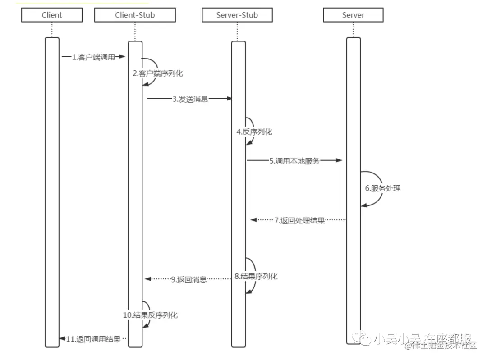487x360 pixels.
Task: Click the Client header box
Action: (52, 15)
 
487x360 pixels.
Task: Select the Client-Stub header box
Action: (135, 15)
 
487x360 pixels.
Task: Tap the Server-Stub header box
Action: (237, 15)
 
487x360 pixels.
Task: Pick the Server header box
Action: (353, 15)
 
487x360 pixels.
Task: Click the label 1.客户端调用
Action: (93, 57)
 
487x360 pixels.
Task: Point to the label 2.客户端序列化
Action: (158, 73)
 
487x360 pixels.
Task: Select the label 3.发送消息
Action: (190, 99)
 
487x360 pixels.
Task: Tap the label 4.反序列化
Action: (254, 132)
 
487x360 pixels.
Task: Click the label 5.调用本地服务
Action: (294, 161)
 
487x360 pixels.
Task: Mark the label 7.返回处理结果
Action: (299, 221)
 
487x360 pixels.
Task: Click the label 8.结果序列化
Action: (256, 277)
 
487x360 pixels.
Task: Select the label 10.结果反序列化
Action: (151, 315)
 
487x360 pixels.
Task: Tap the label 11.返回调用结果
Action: (93, 339)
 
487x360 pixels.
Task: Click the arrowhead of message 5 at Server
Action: (339, 160)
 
